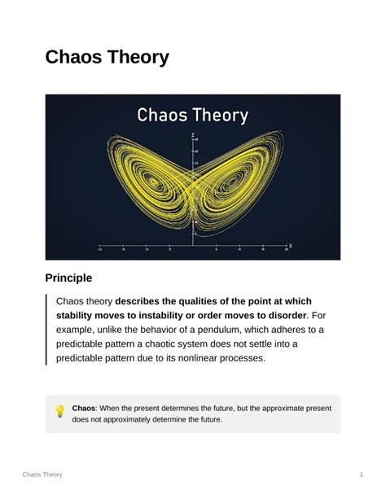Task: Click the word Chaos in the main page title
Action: tap(74, 57)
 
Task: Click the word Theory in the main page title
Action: tap(138, 57)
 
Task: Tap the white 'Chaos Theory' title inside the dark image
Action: tap(192, 115)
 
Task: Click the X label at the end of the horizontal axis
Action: tap(291, 245)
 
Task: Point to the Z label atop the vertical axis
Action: tap(193, 134)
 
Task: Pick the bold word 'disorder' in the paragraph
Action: tap(281, 315)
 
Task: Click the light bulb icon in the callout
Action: tap(59, 412)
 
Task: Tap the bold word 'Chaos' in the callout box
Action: tap(83, 408)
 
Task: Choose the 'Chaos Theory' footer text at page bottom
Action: tap(42, 475)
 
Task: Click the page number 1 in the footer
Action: tap(361, 475)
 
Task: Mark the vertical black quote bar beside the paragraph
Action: tap(47, 329)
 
